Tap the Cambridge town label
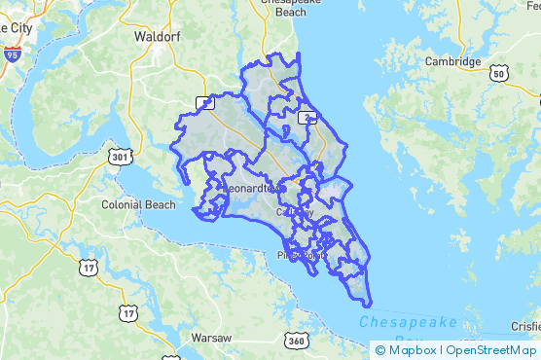pyautogui.click(x=452, y=61)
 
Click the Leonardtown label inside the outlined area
pyautogui.click(x=250, y=186)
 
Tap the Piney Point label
pyautogui.click(x=298, y=256)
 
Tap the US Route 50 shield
pyautogui.click(x=498, y=73)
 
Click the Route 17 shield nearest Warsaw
pyautogui.click(x=127, y=312)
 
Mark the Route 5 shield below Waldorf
pyautogui.click(x=204, y=103)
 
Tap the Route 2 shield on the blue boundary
pyautogui.click(x=307, y=118)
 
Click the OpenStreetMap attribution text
pyautogui.click(x=491, y=350)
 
